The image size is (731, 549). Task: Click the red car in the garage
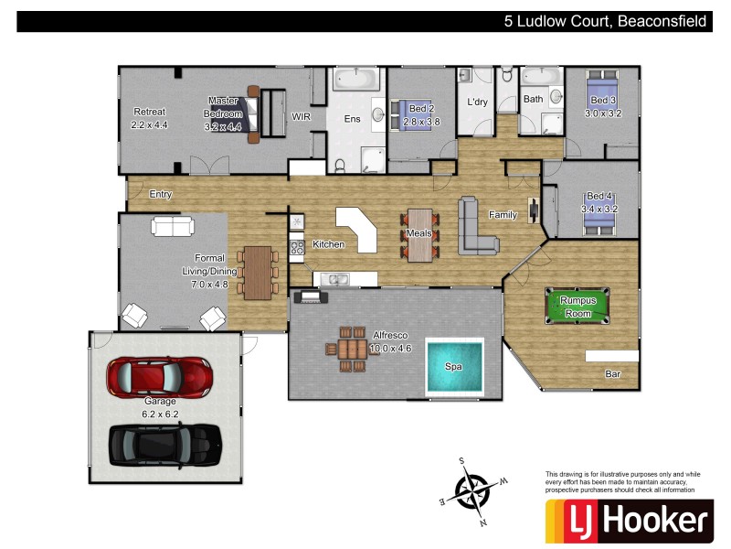(160, 374)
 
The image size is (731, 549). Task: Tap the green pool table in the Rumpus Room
(577, 306)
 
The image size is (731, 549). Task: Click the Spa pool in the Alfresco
(453, 367)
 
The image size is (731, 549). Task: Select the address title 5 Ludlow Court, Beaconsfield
(605, 22)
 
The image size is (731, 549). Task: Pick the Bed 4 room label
(599, 196)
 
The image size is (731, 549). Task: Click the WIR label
(302, 117)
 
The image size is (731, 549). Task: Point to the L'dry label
(478, 102)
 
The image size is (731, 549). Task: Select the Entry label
(161, 194)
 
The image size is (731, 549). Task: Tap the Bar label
(613, 374)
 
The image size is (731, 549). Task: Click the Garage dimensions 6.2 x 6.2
(161, 414)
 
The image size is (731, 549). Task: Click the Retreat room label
(149, 112)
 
